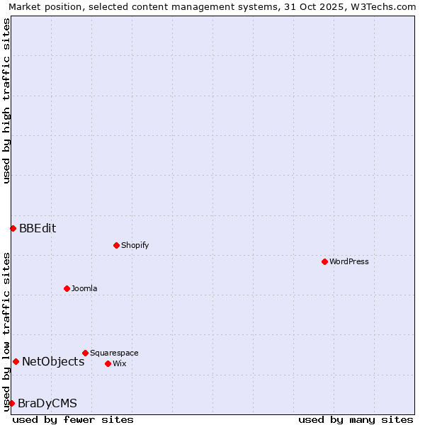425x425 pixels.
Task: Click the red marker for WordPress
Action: (x=324, y=261)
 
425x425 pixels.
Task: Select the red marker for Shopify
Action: (x=116, y=245)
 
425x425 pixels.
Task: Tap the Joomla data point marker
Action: (x=67, y=288)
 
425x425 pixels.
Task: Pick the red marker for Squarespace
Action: (x=85, y=353)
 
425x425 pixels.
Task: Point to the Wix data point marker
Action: (x=108, y=363)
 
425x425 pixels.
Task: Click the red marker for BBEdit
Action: (x=13, y=228)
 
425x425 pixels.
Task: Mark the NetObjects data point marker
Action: (x=16, y=361)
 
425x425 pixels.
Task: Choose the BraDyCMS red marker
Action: (x=11, y=403)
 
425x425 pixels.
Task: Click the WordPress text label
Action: (x=349, y=261)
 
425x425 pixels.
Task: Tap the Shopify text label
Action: (x=135, y=245)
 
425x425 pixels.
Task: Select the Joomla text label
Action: (x=84, y=288)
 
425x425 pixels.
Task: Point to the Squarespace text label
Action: (x=114, y=353)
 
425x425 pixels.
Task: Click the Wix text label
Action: (x=120, y=363)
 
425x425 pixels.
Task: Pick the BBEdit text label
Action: (x=38, y=228)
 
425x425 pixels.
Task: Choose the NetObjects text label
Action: (x=53, y=361)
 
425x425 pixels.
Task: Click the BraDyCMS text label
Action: (x=47, y=403)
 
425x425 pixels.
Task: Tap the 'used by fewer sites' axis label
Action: (x=73, y=419)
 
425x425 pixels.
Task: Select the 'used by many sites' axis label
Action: (x=356, y=419)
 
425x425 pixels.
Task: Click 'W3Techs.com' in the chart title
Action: (x=385, y=7)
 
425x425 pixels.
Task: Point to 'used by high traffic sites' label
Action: (x=7, y=101)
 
